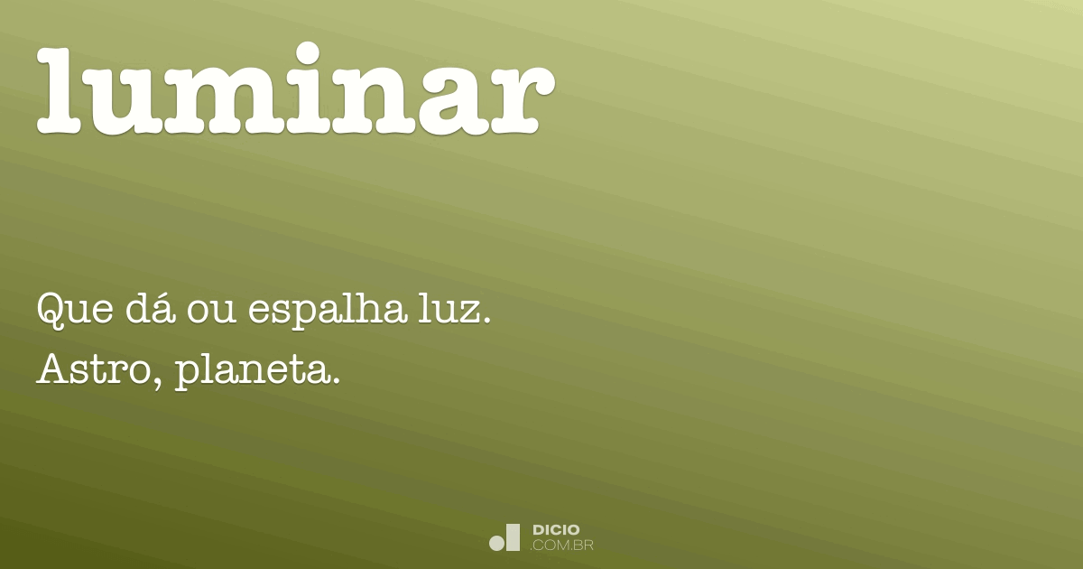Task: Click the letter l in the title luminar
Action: pos(60,90)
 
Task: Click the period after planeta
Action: pos(334,381)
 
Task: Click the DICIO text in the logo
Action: pos(556,530)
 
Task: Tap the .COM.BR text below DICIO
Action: pos(561,546)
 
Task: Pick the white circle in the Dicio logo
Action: pos(497,543)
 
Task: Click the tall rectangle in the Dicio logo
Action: pos(514,537)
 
